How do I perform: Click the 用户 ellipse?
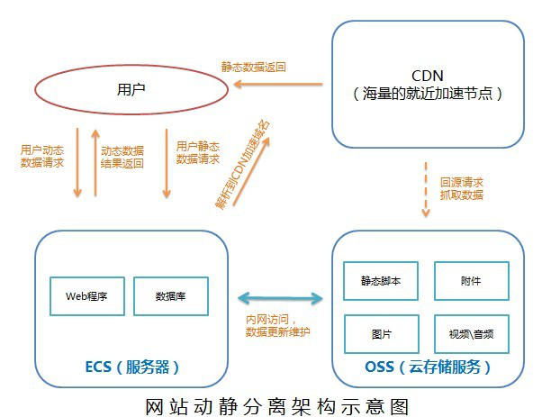click(x=131, y=90)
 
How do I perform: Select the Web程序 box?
click(x=86, y=295)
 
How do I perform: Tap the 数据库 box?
click(x=171, y=295)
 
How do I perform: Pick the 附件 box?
click(x=471, y=281)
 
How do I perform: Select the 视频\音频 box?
click(x=471, y=332)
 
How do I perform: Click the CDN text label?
click(x=427, y=74)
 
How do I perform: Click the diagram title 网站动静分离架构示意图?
click(x=276, y=403)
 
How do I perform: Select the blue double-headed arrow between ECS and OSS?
click(x=278, y=296)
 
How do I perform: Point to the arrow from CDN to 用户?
click(x=277, y=85)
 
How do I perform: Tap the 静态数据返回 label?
click(x=254, y=67)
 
